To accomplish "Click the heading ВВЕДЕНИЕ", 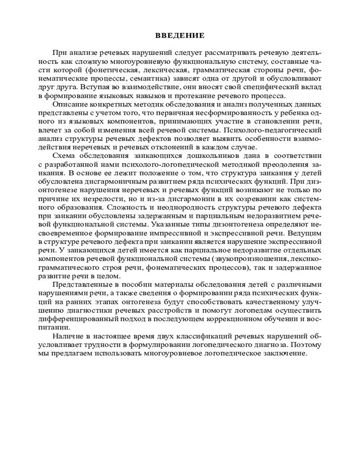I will pos(180,35).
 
